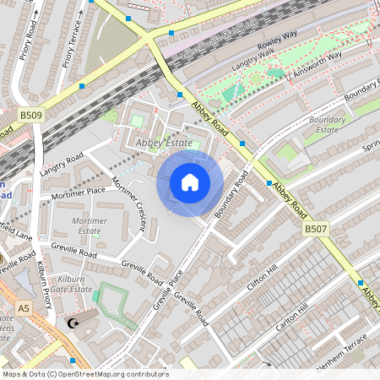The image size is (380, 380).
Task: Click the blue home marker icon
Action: [x=190, y=182]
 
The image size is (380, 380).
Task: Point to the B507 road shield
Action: [x=315, y=229]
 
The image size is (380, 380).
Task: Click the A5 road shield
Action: [x=23, y=309]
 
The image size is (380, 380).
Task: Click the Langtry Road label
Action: [x=61, y=166]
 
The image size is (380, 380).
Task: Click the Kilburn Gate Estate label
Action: [x=68, y=284]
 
